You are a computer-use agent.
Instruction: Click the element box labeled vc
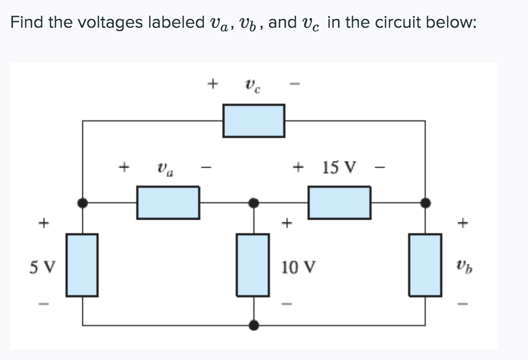point(253,121)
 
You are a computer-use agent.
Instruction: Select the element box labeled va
point(168,203)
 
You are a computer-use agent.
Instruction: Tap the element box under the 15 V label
point(339,203)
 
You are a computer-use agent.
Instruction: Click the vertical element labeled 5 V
point(81,264)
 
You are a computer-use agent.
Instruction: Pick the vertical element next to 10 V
point(253,264)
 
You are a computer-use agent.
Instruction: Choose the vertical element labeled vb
point(425,264)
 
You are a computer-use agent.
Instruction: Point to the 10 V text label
point(298,267)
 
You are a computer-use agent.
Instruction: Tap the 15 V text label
point(339,167)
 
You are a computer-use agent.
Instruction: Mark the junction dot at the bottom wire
point(253,325)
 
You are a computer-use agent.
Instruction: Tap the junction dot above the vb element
point(425,203)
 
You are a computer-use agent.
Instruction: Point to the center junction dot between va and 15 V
point(253,203)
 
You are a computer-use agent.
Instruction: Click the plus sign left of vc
point(212,82)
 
